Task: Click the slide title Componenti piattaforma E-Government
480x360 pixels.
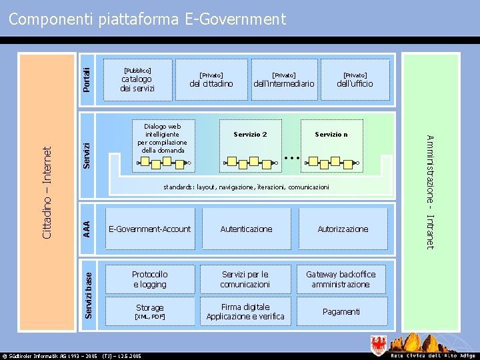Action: [147, 19]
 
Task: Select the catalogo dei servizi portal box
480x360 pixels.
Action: [138, 80]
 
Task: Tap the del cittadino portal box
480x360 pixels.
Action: [211, 80]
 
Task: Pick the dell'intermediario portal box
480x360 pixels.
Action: [284, 80]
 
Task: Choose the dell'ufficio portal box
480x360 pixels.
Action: [355, 80]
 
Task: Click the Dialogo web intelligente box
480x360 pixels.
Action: [162, 138]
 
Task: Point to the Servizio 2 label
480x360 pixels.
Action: [251, 135]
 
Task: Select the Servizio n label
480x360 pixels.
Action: [331, 135]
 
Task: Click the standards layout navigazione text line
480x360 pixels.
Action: [246, 187]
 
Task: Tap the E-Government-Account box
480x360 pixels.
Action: [149, 229]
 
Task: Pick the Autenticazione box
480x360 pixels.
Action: [246, 229]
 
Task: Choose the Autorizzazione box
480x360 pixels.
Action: [343, 229]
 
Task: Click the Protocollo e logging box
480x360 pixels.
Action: [149, 279]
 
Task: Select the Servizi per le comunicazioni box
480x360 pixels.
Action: [245, 279]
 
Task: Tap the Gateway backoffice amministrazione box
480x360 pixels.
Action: [341, 279]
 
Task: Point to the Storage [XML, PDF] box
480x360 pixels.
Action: [149, 311]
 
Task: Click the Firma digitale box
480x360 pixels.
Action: [245, 311]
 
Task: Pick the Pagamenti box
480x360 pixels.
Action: [341, 311]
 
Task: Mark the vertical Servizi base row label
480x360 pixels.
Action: [89, 290]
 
